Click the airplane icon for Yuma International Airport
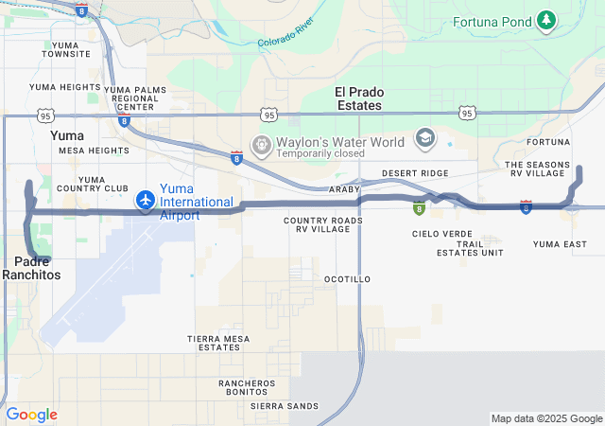coord(146,200)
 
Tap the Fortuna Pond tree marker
coord(545,20)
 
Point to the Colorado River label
coord(290,36)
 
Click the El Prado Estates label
coord(359,98)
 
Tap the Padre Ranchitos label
coord(31,267)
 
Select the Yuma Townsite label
coord(66,49)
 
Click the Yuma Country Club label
coord(104,184)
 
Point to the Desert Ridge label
coord(415,173)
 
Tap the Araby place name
coord(344,189)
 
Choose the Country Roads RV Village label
coord(322,224)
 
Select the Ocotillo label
coord(347,279)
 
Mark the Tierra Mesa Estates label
coord(218,343)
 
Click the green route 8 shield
coord(418,209)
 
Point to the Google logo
coord(31,415)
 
